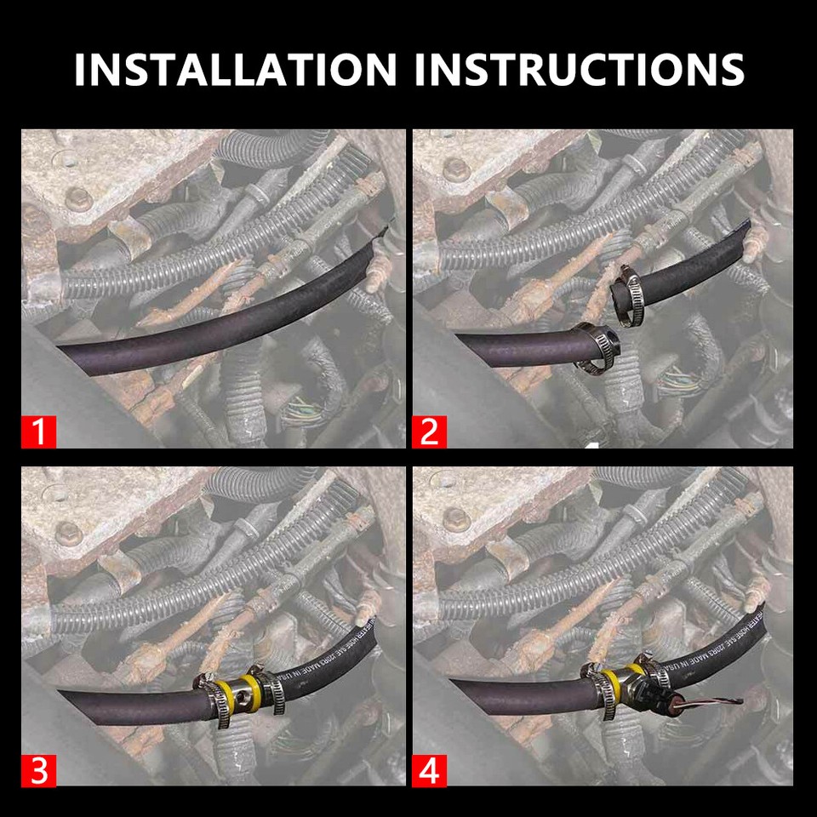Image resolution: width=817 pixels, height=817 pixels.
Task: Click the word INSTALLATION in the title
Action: coord(235,69)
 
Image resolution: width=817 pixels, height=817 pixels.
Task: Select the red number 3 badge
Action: coord(38,770)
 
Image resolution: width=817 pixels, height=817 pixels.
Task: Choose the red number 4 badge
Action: coord(429,770)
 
